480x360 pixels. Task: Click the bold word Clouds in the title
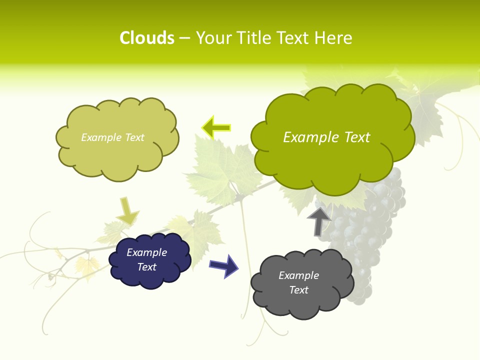pyautogui.click(x=147, y=38)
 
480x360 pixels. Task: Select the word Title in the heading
pyautogui.click(x=253, y=38)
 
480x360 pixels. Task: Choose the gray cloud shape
pyautogui.click(x=300, y=305)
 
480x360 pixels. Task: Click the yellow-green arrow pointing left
pyautogui.click(x=216, y=128)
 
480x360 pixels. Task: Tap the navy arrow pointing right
pyautogui.click(x=223, y=265)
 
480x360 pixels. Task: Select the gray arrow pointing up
pyautogui.click(x=318, y=221)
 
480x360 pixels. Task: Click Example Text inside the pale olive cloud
pyautogui.click(x=112, y=137)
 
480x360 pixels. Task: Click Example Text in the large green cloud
pyautogui.click(x=326, y=137)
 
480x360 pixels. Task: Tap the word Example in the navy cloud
pyautogui.click(x=146, y=252)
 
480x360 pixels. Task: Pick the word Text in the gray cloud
pyautogui.click(x=298, y=290)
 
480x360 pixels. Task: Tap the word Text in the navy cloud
pyautogui.click(x=146, y=267)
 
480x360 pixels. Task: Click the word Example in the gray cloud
pyautogui.click(x=298, y=275)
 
